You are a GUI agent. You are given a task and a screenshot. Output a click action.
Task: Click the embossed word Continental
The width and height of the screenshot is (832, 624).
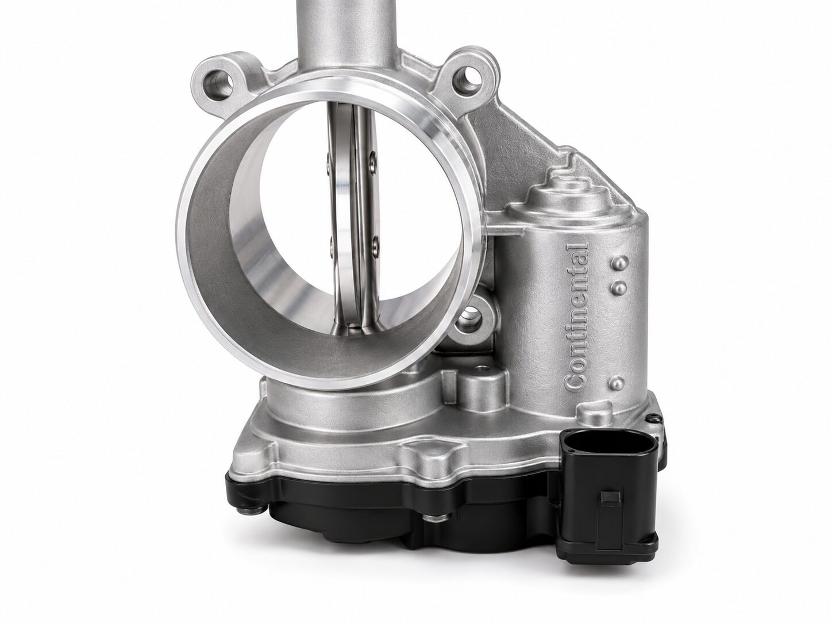tap(576, 315)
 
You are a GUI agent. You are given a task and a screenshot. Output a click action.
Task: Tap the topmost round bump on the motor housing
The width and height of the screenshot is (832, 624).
tap(621, 261)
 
